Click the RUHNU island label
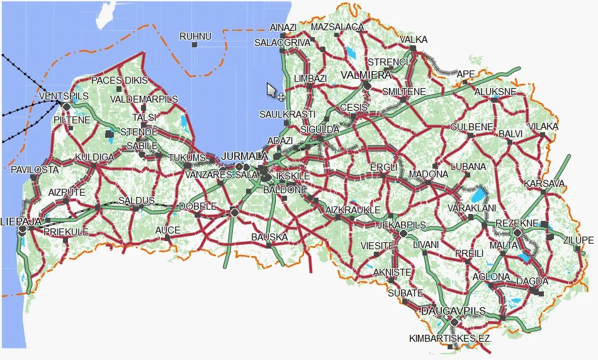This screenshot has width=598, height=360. [x=195, y=37]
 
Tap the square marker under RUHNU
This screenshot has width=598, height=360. [x=195, y=45]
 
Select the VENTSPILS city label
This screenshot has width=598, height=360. [x=64, y=96]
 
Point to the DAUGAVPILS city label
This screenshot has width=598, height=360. [x=453, y=311]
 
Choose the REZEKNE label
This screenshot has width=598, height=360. [x=517, y=223]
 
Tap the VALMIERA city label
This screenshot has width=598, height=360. [x=366, y=75]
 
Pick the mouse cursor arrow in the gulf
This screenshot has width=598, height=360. [x=271, y=91]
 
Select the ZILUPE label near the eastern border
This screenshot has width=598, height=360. [x=578, y=240]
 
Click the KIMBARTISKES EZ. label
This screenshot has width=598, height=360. [x=449, y=338]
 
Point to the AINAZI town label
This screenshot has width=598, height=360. [x=282, y=28]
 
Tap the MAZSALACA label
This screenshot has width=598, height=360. [x=337, y=27]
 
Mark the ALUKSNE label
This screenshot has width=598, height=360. [x=495, y=91]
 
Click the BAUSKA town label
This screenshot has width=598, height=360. [x=269, y=237]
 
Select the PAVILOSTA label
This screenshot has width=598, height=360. [x=35, y=170]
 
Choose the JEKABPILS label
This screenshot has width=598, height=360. [x=402, y=225]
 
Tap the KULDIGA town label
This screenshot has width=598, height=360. [x=94, y=157]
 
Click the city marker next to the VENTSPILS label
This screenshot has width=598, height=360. [x=67, y=106]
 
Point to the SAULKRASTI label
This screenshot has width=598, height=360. [x=288, y=114]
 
